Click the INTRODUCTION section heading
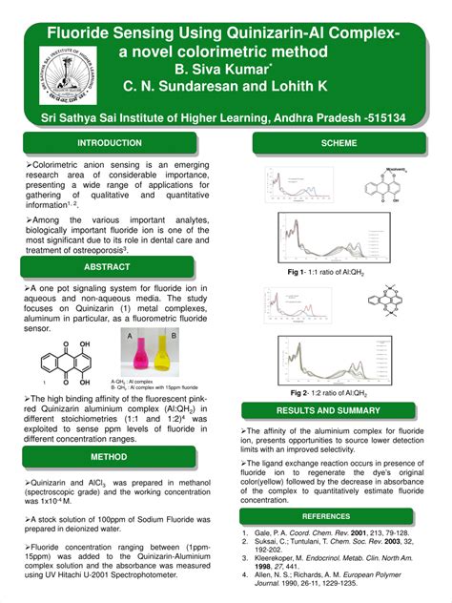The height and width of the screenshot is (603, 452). pos(110,143)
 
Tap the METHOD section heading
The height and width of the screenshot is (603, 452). pos(110,457)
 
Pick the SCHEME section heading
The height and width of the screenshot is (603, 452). pos(339,143)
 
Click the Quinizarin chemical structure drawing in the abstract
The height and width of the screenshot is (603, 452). pos(66,361)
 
